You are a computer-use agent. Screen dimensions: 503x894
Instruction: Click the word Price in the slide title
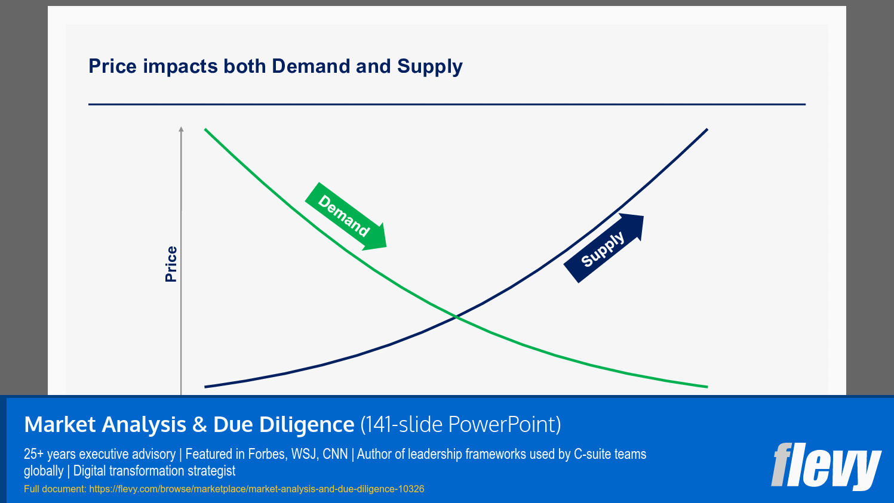coord(112,66)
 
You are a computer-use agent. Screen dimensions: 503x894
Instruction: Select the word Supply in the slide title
coord(429,67)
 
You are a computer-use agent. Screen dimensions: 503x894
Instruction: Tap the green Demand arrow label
coord(345,216)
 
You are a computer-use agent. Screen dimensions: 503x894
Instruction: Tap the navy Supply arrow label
coord(603,248)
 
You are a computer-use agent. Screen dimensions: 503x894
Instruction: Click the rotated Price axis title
coord(171,264)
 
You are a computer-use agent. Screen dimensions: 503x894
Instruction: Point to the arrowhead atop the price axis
coord(182,129)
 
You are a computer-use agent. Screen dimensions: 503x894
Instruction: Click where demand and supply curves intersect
coord(456,317)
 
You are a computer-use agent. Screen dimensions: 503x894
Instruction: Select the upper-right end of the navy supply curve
coord(706,129)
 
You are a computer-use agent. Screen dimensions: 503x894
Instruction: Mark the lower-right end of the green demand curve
coord(706,387)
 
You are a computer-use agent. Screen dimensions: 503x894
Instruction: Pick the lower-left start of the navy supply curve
coord(206,387)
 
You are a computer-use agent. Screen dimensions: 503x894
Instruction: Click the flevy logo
coord(825,465)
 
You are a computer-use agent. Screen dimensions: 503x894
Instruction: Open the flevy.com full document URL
coord(257,489)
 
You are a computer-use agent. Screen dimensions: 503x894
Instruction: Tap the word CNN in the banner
coord(335,454)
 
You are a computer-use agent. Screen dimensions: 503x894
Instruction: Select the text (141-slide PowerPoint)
coord(460,425)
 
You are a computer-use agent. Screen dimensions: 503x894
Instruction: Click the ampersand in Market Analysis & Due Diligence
coord(199,425)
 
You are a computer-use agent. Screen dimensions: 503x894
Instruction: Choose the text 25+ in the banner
coord(33,454)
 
